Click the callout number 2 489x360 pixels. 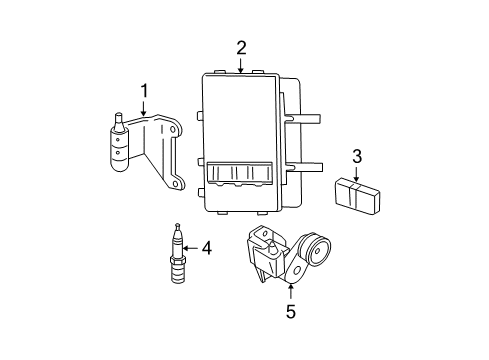tap(241, 47)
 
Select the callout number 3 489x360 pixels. tap(356, 155)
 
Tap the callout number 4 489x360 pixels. tap(206, 247)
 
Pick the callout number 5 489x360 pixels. tap(291, 310)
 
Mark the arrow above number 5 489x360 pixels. tap(291, 292)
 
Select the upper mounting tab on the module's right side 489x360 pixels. tap(310, 118)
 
